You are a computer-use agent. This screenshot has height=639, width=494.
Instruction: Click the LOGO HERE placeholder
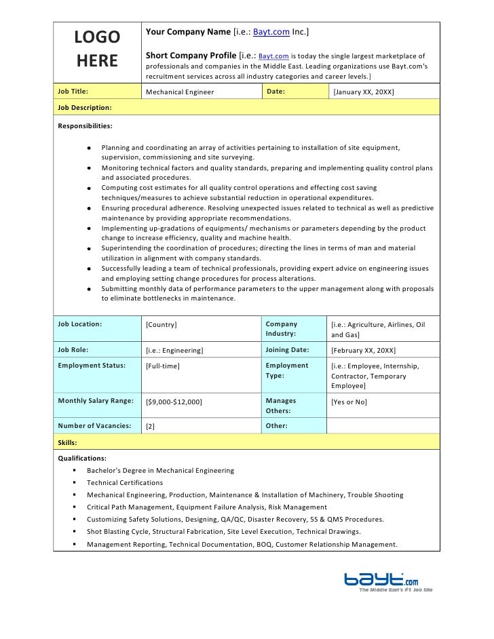pos(96,50)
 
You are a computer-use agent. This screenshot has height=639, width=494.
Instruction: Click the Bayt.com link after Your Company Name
pos(271,32)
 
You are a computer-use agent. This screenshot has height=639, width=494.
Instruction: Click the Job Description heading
pos(85,108)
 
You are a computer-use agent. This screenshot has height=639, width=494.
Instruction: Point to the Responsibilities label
pos(85,126)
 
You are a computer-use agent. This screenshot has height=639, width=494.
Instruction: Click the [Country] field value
pos(161,325)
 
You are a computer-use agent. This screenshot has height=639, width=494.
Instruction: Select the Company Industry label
pos(282,330)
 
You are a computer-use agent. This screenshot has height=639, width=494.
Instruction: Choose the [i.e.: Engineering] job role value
pos(175,351)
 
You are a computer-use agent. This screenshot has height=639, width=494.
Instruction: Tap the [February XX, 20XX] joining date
pos(364,351)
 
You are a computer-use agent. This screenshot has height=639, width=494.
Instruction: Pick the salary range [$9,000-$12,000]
pos(174,402)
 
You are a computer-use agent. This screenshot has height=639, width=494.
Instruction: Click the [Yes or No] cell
pos(349,402)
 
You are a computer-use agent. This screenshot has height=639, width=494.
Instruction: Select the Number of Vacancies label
pos(94,426)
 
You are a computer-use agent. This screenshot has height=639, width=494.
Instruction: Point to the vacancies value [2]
pos(151,427)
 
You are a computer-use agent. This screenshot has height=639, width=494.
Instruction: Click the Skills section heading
pos(67,442)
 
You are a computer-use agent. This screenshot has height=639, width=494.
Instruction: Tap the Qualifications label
pos(82,459)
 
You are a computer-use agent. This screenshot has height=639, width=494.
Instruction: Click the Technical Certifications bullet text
pos(125,483)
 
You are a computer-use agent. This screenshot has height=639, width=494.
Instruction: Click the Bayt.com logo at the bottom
pos(383,580)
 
